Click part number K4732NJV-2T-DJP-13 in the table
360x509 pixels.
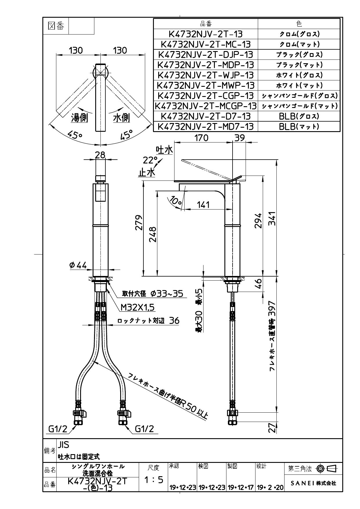206,55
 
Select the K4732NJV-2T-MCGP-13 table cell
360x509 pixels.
206,106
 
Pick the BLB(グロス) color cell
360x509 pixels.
299,116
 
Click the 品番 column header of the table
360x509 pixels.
206,24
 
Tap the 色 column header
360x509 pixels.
299,24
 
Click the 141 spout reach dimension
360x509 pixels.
203,205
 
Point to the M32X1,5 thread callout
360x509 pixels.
138,307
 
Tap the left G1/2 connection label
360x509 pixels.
57,429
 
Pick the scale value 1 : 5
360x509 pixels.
153,480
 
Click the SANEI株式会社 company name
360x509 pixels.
313,483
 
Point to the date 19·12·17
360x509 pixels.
241,488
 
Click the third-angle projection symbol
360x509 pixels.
327,468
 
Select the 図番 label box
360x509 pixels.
55,26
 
